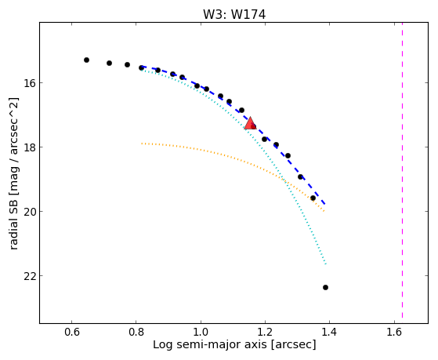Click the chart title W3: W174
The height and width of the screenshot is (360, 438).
234,14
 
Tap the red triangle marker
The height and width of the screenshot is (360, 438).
250,123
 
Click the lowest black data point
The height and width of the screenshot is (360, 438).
325,287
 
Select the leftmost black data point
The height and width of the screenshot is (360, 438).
87,60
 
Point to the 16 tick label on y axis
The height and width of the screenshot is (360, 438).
29,83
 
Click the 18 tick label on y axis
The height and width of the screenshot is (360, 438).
29,147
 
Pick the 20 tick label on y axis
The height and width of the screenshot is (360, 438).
29,212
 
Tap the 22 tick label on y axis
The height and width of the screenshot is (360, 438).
29,276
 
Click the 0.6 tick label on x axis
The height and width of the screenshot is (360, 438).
72,332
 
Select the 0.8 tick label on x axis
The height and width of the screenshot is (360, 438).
136,332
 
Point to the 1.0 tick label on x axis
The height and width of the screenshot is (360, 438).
201,332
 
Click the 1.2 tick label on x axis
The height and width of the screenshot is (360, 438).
265,332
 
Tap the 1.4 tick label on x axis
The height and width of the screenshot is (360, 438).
329,332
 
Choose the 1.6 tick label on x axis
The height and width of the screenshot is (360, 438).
394,332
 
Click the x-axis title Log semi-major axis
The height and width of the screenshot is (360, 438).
210,344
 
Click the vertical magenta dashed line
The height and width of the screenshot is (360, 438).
402,170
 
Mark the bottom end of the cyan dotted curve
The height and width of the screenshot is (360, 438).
326,264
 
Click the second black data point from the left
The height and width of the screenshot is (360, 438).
109,64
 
